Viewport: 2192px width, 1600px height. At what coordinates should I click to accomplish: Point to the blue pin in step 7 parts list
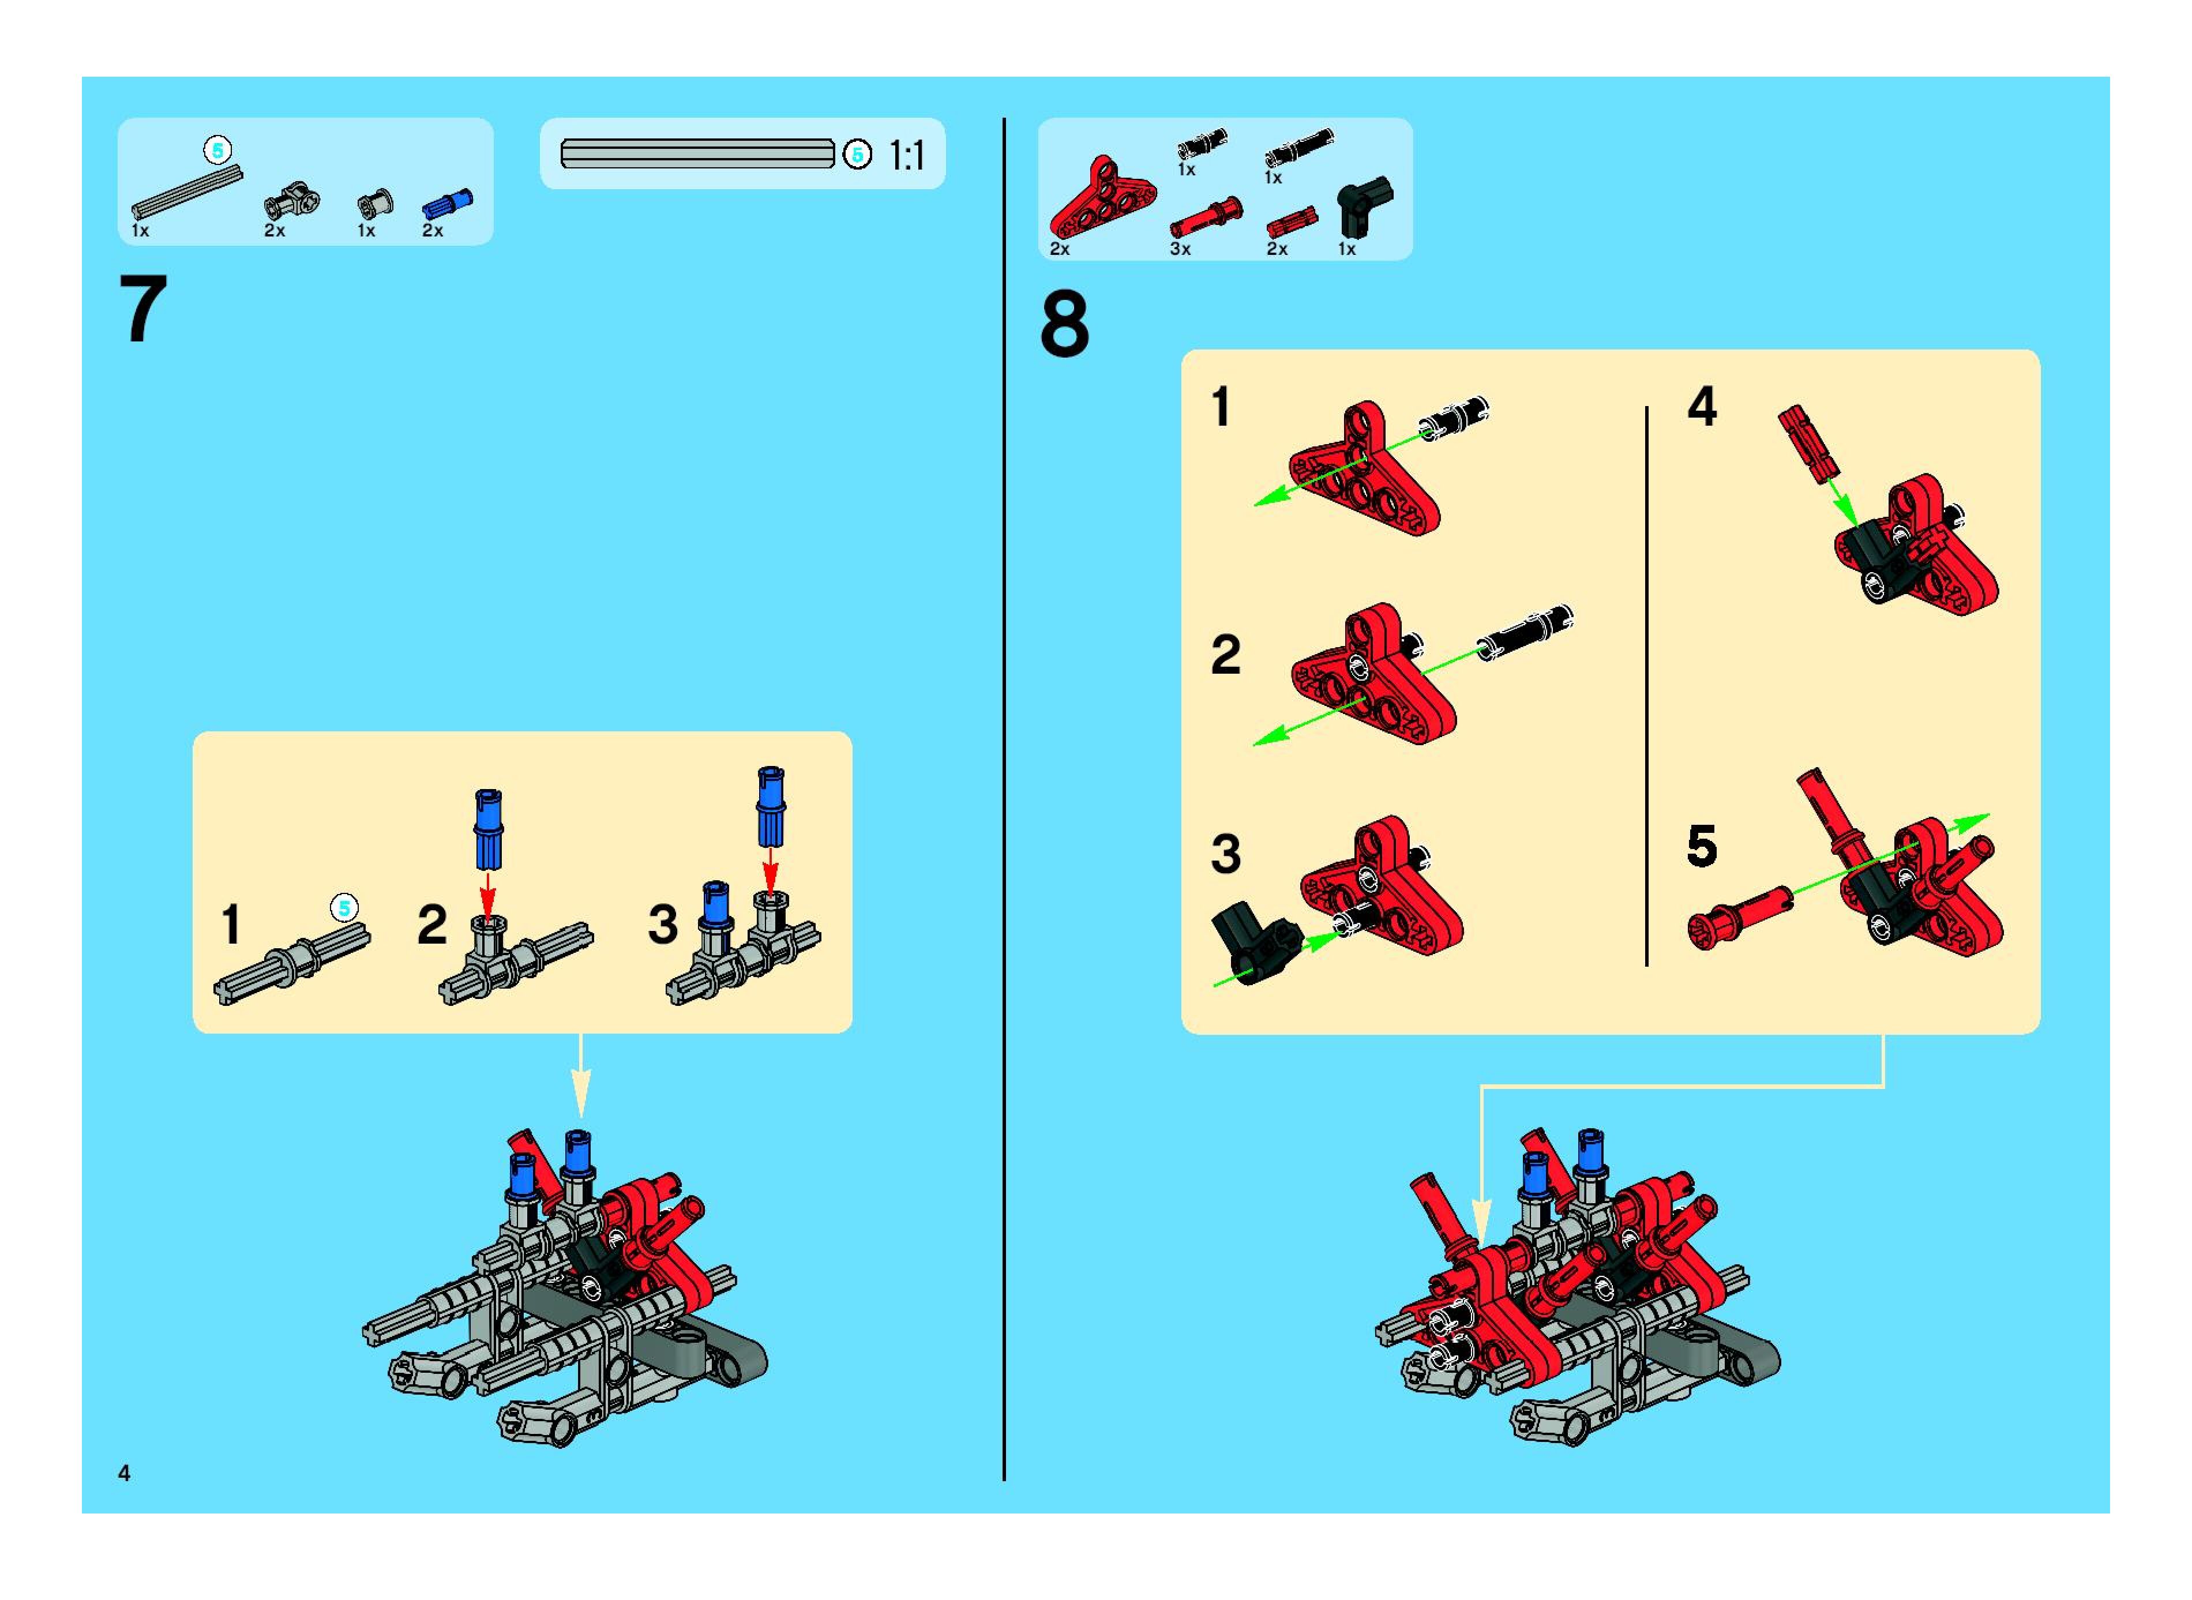click(446, 204)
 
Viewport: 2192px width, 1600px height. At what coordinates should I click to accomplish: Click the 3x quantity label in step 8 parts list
click(1179, 249)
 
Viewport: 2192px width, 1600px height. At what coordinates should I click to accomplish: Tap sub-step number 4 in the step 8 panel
click(1702, 406)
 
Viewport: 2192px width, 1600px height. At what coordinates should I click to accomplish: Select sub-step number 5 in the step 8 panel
click(1702, 846)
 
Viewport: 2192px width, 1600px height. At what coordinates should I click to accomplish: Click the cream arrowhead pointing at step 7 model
click(580, 1103)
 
